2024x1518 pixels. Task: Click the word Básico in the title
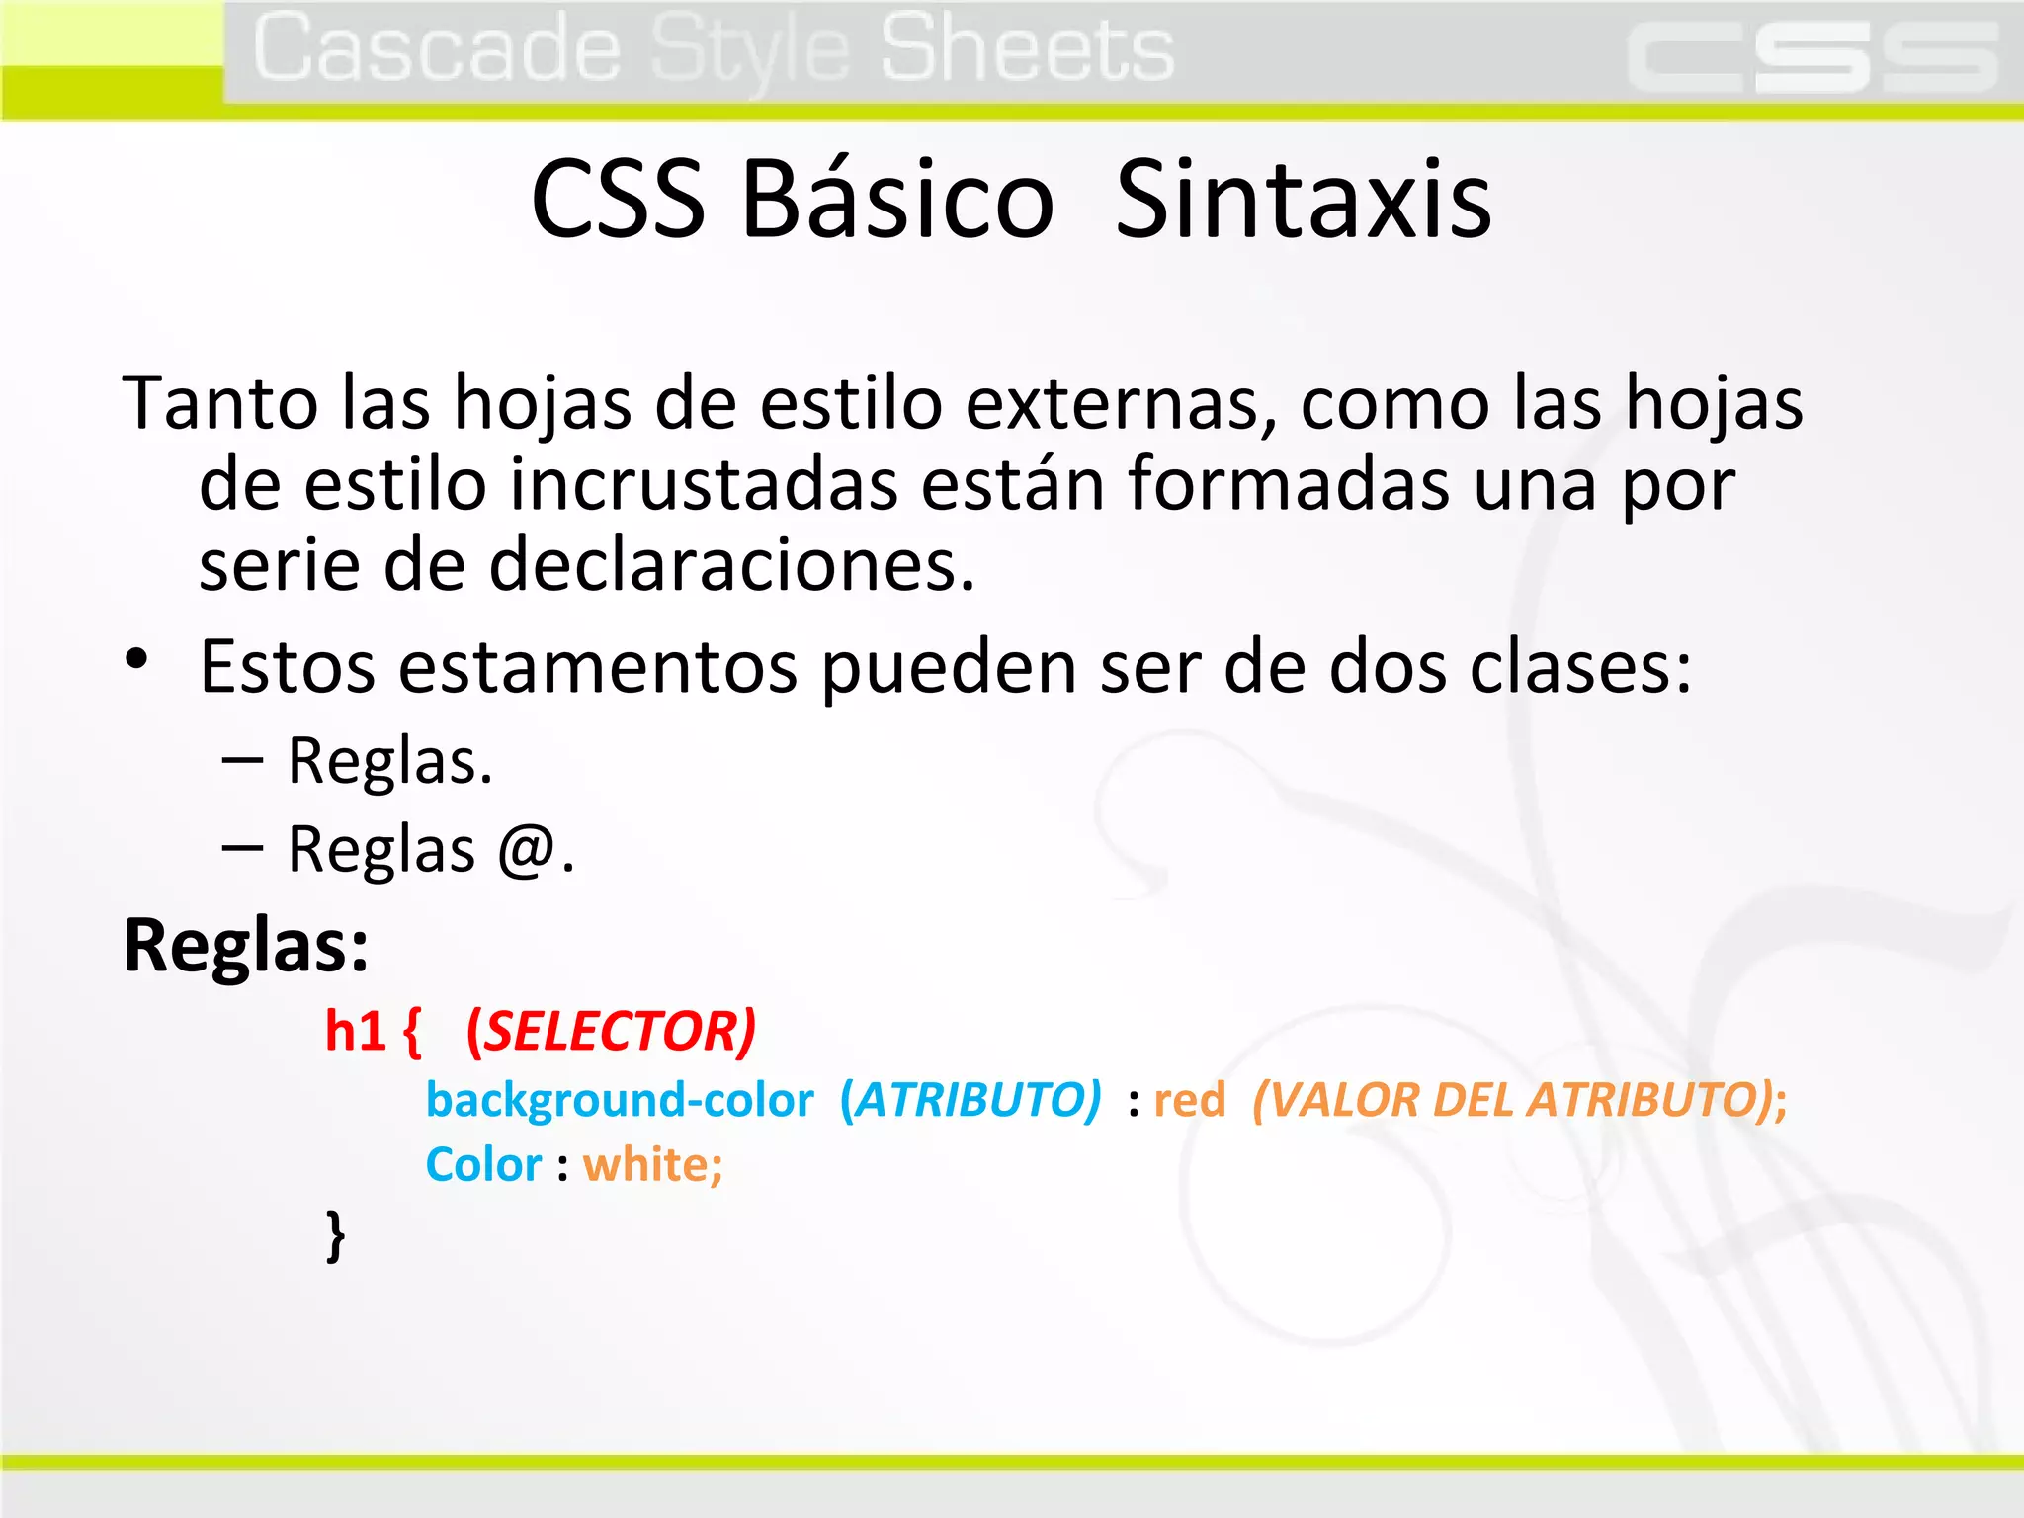(897, 200)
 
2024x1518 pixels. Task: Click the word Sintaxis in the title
(1303, 200)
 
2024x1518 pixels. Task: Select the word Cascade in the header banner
(436, 49)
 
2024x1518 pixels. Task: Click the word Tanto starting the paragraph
(219, 403)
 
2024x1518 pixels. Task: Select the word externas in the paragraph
(1117, 403)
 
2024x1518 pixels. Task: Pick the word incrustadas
(704, 484)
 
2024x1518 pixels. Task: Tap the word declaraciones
(731, 565)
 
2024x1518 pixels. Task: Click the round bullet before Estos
(136, 659)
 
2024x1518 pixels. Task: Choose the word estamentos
(597, 667)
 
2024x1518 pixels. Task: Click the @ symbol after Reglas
(526, 850)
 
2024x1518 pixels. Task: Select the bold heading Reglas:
(246, 946)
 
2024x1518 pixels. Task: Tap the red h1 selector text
(355, 1032)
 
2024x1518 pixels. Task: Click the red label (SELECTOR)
(611, 1032)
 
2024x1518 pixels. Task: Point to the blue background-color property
(620, 1100)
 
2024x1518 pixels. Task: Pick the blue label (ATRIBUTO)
(970, 1100)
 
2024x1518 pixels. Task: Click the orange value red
(1189, 1100)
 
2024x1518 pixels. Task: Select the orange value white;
(652, 1165)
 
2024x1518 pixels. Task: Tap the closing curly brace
(336, 1234)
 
